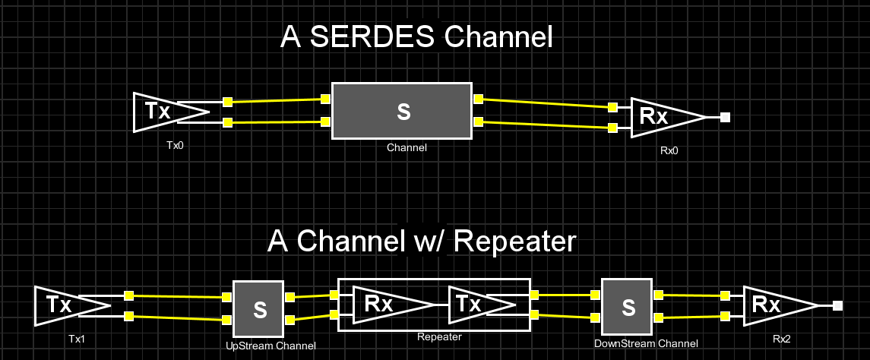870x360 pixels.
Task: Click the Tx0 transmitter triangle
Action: pyautogui.click(x=163, y=112)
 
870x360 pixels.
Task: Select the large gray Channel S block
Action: pyautogui.click(x=402, y=111)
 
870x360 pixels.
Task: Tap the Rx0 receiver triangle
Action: pyautogui.click(x=660, y=117)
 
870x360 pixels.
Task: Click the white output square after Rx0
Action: pyautogui.click(x=726, y=117)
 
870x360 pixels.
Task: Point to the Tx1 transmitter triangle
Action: pyautogui.click(x=65, y=305)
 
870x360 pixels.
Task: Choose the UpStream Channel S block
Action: pyautogui.click(x=258, y=308)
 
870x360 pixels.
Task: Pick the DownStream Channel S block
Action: pyautogui.click(x=627, y=308)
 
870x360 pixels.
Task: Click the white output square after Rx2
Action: pyautogui.click(x=837, y=305)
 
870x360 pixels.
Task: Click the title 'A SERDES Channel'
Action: pyautogui.click(x=416, y=36)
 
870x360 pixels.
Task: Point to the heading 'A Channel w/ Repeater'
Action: pyautogui.click(x=422, y=242)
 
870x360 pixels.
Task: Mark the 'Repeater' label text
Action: pyautogui.click(x=439, y=336)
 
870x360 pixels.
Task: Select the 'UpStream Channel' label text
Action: pyautogui.click(x=270, y=346)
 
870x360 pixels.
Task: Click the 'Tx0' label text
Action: pyautogui.click(x=175, y=144)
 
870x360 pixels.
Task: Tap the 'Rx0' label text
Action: pyautogui.click(x=669, y=150)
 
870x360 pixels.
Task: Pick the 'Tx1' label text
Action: pyautogui.click(x=76, y=338)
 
